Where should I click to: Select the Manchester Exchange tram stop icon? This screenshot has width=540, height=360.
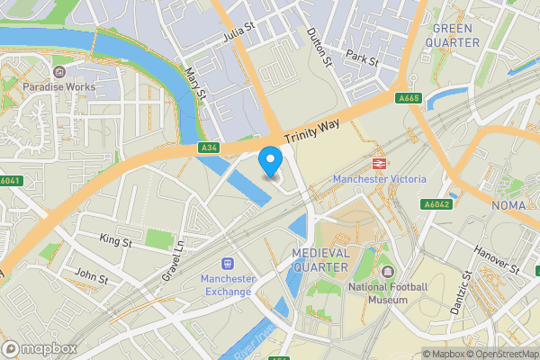pyautogui.click(x=228, y=264)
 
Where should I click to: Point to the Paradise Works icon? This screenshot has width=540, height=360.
pyautogui.click(x=59, y=72)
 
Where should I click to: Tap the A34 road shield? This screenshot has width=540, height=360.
pyautogui.click(x=209, y=148)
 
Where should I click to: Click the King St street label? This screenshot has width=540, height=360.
pyautogui.click(x=115, y=240)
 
